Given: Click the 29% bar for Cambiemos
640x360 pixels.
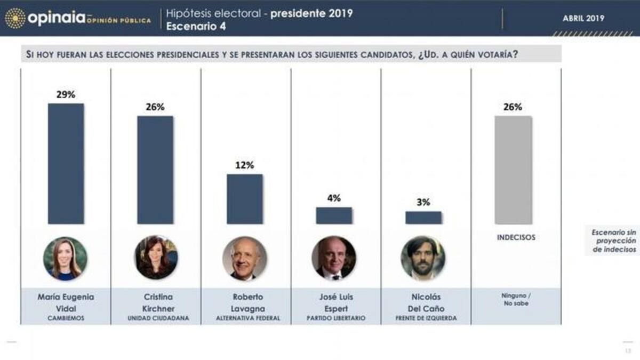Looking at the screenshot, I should coord(66,163).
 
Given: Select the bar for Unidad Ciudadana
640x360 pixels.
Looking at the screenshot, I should coord(155,170).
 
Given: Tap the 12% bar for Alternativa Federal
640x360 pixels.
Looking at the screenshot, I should coord(245,198).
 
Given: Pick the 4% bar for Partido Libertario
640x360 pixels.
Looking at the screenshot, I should coord(334,215).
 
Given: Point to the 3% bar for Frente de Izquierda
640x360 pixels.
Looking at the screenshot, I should coord(423,218).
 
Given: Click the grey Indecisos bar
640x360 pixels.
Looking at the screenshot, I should coord(513,170).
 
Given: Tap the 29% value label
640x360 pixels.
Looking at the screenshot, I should coord(66,94).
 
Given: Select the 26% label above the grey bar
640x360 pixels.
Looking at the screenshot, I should coord(513,107).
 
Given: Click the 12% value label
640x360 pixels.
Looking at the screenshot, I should coord(245,165).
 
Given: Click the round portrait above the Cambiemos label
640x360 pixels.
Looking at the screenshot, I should coord(65,259).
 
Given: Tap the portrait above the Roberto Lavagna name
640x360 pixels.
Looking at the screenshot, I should coord(245,259).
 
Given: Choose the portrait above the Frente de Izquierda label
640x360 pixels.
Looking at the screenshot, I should coord(423,259).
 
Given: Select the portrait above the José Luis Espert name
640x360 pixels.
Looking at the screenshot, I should coord(334,259).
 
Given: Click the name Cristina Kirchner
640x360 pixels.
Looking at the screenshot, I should coord(155,302).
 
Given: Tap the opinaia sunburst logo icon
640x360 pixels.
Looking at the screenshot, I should coord(15,18).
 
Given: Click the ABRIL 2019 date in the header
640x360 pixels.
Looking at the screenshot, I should coord(583,18).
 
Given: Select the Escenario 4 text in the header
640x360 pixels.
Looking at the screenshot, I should coord(196,26).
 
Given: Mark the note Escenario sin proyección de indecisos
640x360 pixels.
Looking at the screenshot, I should coord(614,241).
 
